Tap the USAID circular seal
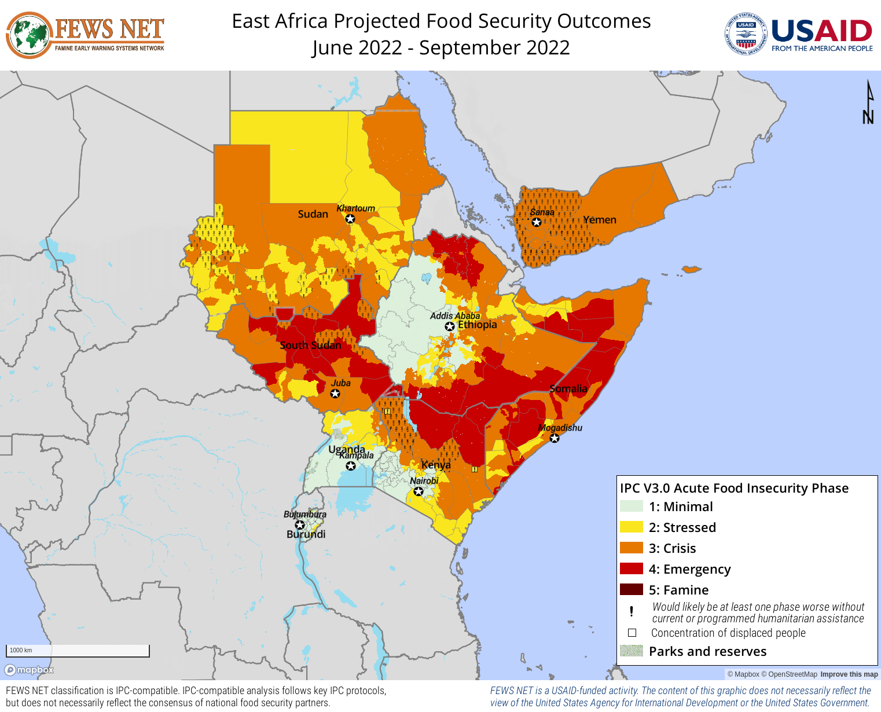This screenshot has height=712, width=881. (x=746, y=35)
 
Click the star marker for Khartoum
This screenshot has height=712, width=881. (x=350, y=219)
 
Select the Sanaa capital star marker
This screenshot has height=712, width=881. (x=537, y=222)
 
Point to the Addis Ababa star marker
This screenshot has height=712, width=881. (x=450, y=326)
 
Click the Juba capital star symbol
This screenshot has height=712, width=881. (x=335, y=394)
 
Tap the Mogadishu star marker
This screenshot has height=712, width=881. (x=555, y=438)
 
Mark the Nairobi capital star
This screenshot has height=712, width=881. (x=419, y=491)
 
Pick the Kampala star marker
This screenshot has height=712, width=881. (x=351, y=465)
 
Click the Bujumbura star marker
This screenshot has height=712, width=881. (x=300, y=525)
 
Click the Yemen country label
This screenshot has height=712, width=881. (x=600, y=220)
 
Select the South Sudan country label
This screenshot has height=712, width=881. (x=310, y=346)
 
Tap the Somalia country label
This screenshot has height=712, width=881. (x=568, y=389)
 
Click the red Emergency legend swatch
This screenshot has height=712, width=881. (x=631, y=569)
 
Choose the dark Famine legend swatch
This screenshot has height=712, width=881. (x=631, y=590)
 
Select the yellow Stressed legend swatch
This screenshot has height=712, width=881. (x=631, y=527)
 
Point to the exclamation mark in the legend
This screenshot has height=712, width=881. (x=632, y=611)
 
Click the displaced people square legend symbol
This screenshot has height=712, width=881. (x=632, y=633)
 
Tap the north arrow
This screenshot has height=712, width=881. (x=868, y=102)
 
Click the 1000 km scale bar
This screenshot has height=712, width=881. (x=78, y=651)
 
